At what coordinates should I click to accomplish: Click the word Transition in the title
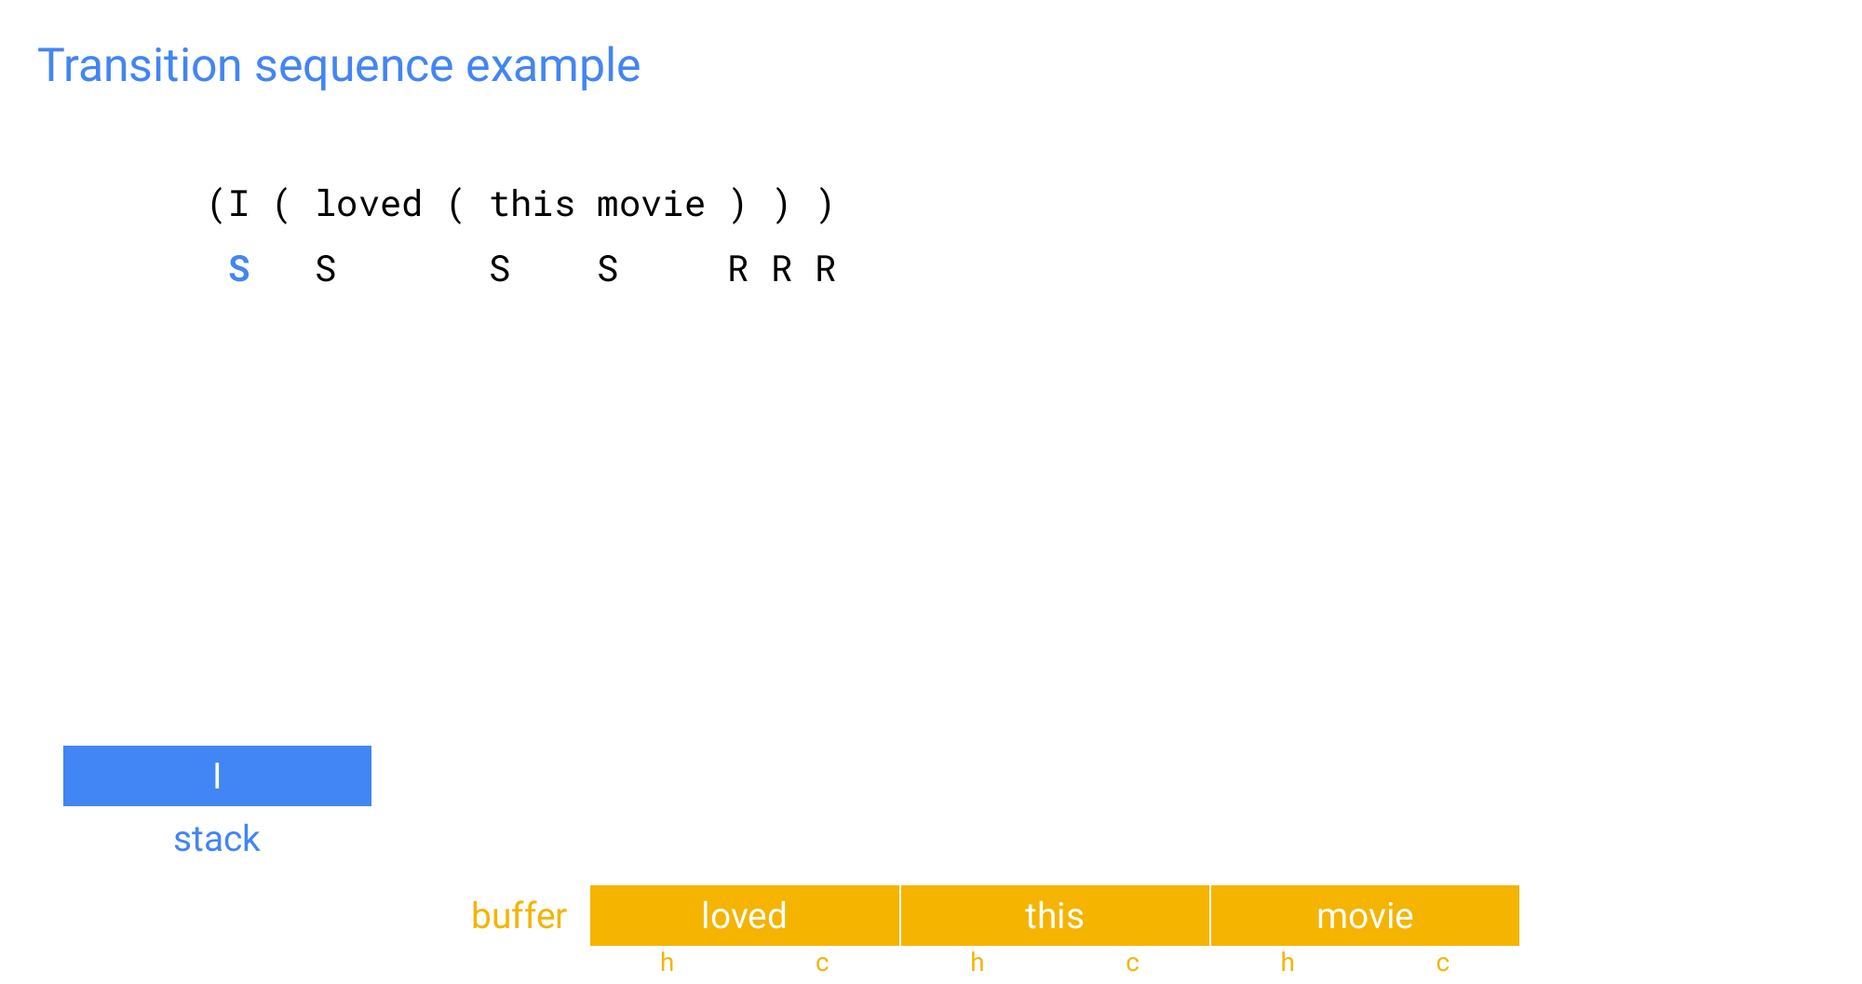140,65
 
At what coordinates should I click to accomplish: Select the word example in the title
553,67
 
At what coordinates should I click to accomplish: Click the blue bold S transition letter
239,269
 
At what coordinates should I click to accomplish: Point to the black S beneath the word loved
326,269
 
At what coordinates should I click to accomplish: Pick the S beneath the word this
500,269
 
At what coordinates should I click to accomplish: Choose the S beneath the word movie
608,269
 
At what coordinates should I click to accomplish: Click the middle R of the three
782,269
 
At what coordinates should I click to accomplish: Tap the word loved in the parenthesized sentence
369,204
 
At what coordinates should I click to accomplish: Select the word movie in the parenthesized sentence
651,205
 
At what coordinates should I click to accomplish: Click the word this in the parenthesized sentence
533,204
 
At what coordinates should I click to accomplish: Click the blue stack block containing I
217,775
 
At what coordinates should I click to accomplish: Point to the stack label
217,839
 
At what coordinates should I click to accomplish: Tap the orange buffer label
519,916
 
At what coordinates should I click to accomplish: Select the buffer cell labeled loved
745,916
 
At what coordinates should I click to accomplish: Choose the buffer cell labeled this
1055,916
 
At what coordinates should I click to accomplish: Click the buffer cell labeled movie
1365,916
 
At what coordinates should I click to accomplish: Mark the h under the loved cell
667,962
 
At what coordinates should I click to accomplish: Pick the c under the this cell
1132,964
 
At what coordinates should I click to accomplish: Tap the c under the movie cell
1442,964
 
